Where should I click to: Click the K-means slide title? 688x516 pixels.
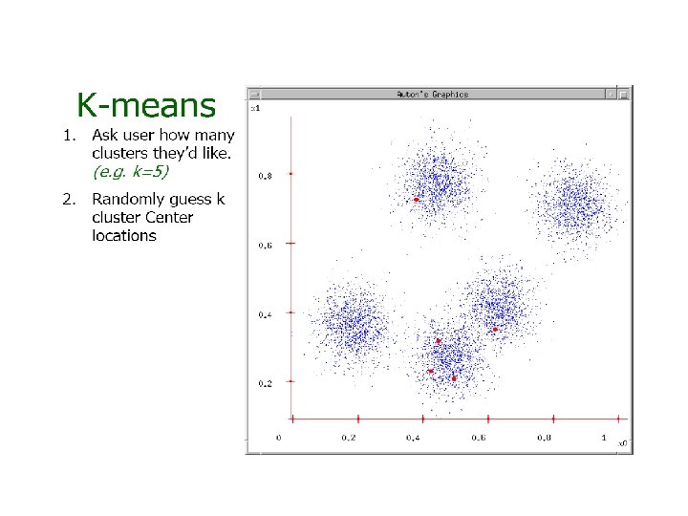click(146, 103)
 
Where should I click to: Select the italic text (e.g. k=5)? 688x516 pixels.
click(133, 172)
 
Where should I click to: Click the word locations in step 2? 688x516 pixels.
click(124, 235)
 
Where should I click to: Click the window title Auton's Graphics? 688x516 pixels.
click(432, 94)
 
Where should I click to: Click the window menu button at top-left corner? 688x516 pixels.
click(254, 94)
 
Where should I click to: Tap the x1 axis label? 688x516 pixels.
click(255, 108)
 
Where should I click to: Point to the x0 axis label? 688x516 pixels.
click(620, 443)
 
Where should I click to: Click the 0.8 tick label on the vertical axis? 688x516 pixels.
click(266, 176)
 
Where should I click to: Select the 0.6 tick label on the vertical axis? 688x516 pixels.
click(266, 246)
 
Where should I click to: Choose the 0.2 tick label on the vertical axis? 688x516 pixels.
click(266, 383)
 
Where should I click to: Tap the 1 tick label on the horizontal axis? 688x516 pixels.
click(603, 438)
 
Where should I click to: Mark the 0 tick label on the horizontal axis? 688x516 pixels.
click(279, 438)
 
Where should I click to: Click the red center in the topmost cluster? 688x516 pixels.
click(417, 200)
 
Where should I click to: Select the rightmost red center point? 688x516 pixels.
click(495, 330)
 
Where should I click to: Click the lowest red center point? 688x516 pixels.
click(454, 378)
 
